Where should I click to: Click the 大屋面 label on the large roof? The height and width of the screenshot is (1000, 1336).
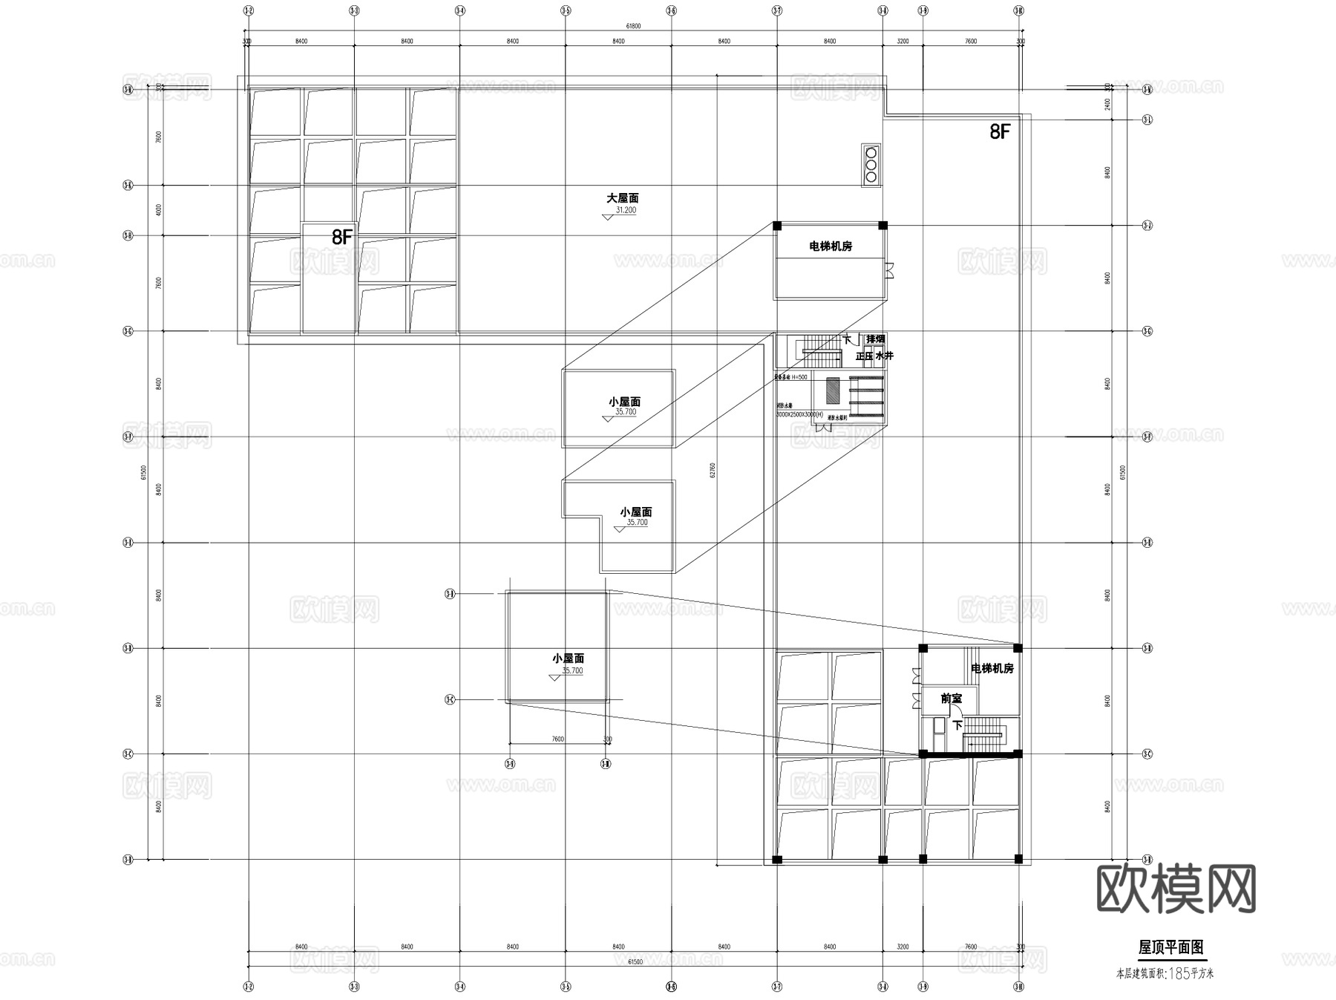tap(622, 198)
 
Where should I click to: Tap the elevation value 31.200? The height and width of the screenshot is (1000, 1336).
tap(625, 210)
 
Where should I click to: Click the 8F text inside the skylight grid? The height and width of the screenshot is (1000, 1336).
tap(342, 238)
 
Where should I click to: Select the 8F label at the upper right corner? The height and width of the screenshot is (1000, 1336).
tap(1000, 132)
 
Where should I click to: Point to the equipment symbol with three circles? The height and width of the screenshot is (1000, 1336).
tap(871, 163)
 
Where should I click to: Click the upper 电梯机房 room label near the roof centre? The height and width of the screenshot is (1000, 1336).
tap(831, 246)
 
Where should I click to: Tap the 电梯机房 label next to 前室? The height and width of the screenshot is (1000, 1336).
tap(992, 669)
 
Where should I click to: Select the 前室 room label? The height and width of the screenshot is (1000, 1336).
tap(950, 699)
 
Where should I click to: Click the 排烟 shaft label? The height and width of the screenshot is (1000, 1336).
tap(876, 339)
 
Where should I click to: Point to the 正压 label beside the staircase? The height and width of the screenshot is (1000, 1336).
tap(865, 356)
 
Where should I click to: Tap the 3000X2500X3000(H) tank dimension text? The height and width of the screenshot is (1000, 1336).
tap(799, 414)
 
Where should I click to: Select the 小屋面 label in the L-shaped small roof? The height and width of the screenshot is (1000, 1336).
tap(636, 512)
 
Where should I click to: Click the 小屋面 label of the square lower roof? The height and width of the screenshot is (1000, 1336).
tap(568, 659)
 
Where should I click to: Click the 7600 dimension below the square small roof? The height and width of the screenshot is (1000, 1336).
tap(557, 739)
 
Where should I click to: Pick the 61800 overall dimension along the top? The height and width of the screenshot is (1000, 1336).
tap(633, 26)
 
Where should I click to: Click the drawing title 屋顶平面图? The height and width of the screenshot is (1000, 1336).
tap(1170, 947)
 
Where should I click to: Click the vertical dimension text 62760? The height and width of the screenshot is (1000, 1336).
tap(713, 470)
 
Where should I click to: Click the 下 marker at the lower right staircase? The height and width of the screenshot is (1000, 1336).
tap(957, 725)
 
